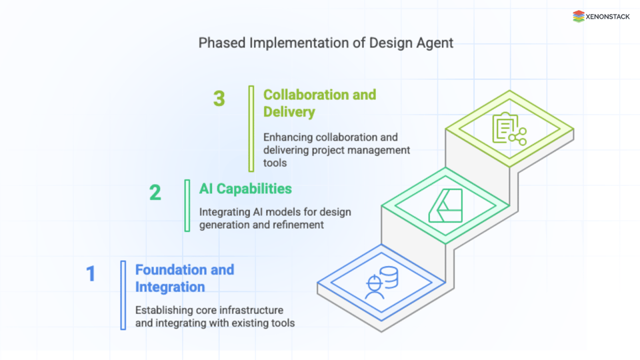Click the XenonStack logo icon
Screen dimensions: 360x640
(x=579, y=17)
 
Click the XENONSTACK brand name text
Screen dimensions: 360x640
(x=608, y=17)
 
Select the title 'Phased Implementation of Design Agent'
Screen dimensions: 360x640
(x=326, y=43)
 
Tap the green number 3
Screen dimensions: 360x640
(x=219, y=99)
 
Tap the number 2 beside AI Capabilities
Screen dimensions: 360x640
(x=155, y=193)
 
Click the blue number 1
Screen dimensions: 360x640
(x=91, y=274)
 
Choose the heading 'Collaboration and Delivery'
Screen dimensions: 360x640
(x=319, y=103)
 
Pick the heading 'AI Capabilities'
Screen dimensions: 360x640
(x=245, y=189)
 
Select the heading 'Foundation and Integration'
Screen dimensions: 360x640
(x=185, y=278)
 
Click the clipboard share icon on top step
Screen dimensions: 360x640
(x=509, y=129)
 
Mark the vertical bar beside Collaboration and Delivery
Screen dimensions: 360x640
(x=251, y=128)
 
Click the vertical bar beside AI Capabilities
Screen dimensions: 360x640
(x=187, y=205)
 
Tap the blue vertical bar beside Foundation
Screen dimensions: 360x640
(x=123, y=295)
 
